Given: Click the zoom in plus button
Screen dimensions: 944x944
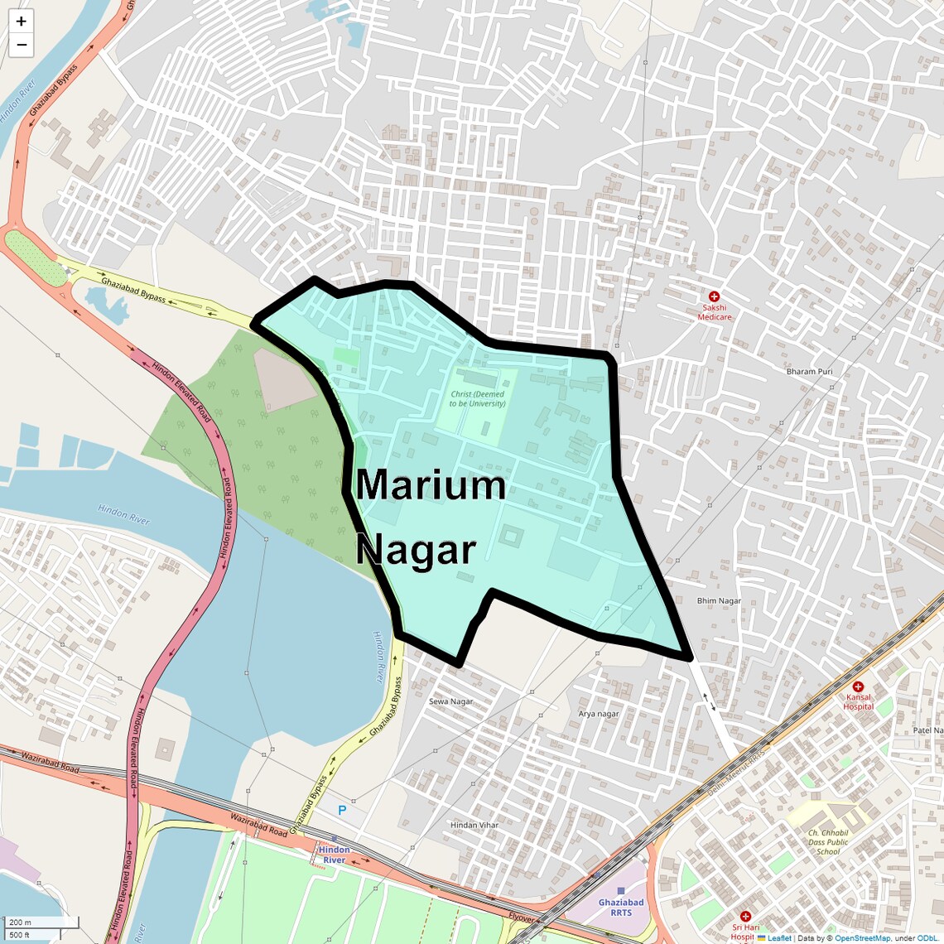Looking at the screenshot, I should point(21,22).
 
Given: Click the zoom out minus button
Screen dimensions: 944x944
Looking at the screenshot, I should point(21,45).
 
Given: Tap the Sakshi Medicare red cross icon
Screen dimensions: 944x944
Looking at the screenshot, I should point(714,296).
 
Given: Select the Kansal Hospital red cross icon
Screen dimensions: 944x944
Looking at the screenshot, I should point(858,686).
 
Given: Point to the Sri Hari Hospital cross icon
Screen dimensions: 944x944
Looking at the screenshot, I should point(745,917).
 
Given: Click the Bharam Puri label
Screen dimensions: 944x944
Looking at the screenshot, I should point(809,372).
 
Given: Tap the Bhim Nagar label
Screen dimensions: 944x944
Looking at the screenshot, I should point(719,601).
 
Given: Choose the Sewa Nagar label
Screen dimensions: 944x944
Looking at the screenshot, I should point(450,701).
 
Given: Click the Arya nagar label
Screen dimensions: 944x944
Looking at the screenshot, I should point(598,714).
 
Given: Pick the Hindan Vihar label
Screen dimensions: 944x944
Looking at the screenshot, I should point(474,826).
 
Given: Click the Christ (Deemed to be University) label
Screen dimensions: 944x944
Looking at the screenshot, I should point(477,399).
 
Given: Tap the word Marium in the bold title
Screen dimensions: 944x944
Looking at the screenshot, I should point(431,485).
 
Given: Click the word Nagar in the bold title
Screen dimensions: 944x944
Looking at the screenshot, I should point(416,550).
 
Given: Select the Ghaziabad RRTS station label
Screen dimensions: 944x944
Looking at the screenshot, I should point(620,908).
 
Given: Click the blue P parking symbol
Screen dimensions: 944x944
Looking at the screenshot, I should point(342,810).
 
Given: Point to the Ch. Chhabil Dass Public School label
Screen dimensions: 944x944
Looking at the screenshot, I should point(827,842).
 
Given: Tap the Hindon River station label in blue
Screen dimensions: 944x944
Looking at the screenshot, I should point(334,855).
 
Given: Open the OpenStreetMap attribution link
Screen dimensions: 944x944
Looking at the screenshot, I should point(861,938).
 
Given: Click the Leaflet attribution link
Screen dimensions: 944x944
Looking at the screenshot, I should point(778,938).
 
